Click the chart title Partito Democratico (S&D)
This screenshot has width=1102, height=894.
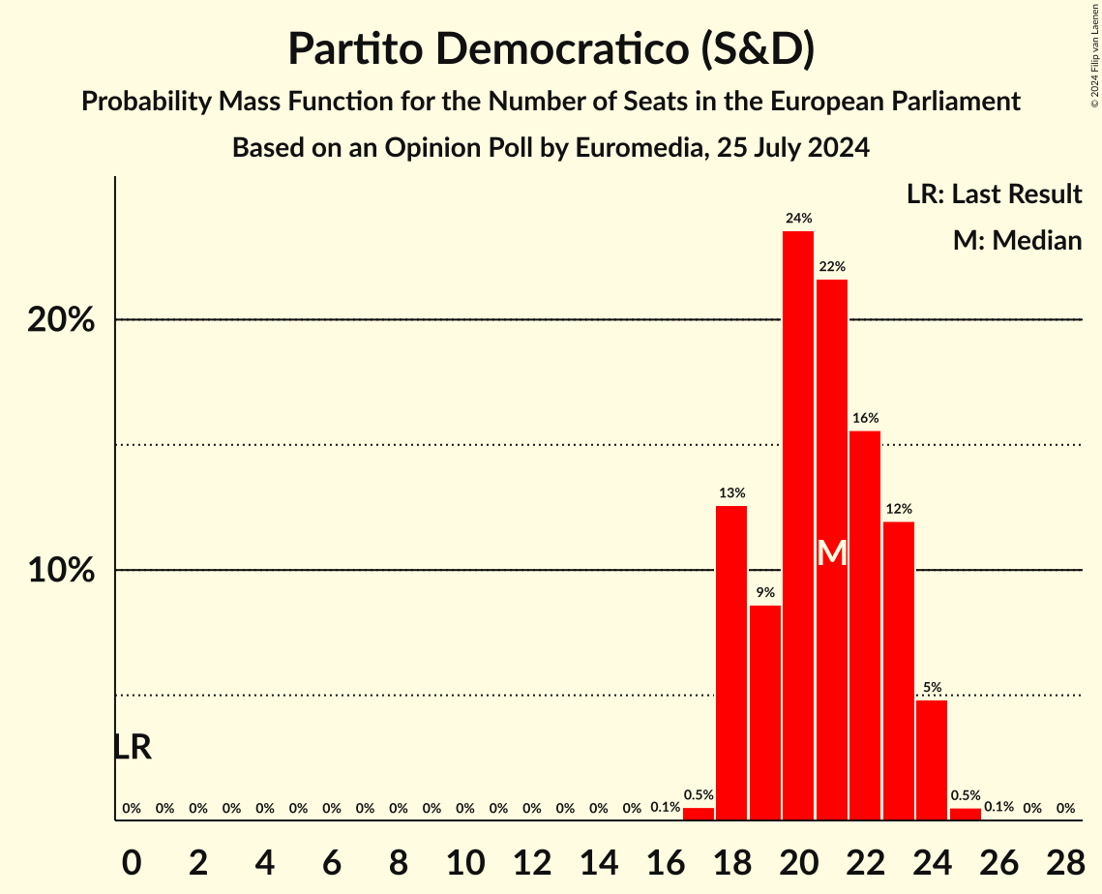pos(551,49)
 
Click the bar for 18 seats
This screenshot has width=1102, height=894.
pos(731,663)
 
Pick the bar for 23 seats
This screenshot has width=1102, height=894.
pos(899,670)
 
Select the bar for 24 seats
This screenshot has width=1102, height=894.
pos(932,760)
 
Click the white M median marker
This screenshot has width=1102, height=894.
pos(831,553)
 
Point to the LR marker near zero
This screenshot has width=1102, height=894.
pos(133,747)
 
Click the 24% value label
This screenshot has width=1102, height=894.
pos(798,219)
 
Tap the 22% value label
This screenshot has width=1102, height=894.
pos(831,266)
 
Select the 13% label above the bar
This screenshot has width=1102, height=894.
pos(731,493)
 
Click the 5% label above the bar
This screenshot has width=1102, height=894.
pos(932,687)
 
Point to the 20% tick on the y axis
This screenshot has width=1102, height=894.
pos(60,320)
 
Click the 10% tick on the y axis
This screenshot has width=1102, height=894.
pos(60,571)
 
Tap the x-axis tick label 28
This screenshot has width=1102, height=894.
pos(1065,859)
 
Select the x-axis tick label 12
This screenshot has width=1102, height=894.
pos(531,859)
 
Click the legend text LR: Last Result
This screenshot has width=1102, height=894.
pos(994,194)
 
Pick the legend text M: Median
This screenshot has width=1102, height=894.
pos(1017,240)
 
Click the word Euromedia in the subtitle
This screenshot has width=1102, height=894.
pos(627,148)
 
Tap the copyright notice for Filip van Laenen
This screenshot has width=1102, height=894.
pos(1094,54)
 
